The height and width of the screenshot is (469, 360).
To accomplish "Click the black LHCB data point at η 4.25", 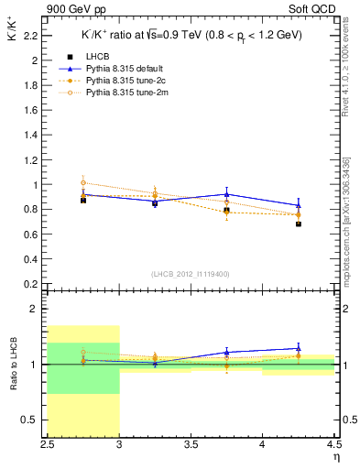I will click(299, 224).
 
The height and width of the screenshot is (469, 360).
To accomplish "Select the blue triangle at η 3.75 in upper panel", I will click(227, 194).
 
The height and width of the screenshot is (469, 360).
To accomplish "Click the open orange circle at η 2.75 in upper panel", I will click(83, 182).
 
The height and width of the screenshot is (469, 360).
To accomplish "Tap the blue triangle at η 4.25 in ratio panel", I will click(299, 348).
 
